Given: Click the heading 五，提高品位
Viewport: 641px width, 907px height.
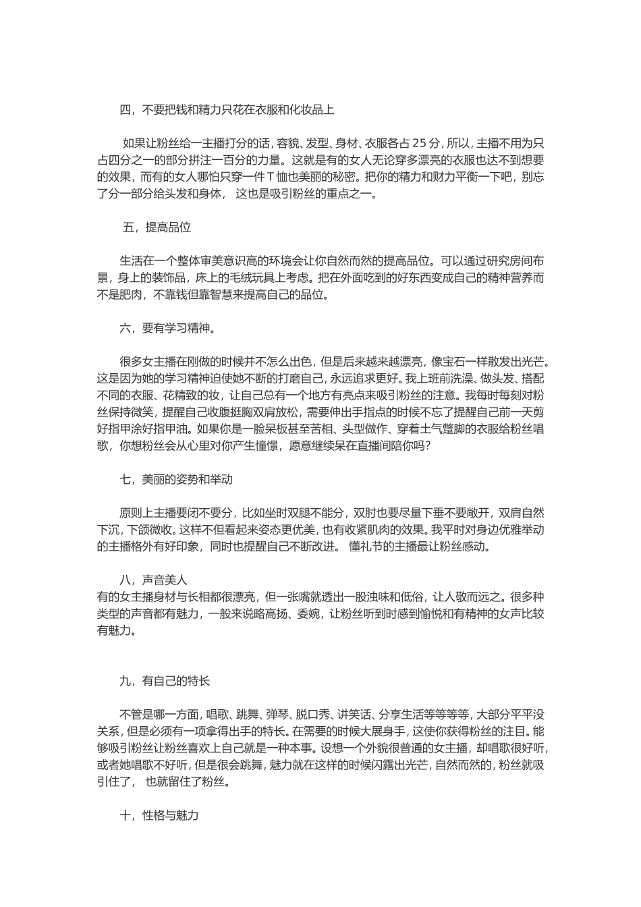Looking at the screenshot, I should coord(157,227).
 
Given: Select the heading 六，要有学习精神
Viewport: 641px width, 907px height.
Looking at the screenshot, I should coord(167,329).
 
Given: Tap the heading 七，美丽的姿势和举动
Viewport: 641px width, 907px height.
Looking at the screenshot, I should coord(176,480).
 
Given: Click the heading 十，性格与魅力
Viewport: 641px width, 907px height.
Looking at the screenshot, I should coord(159,815).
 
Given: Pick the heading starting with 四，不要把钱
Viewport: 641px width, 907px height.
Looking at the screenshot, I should coord(227,110).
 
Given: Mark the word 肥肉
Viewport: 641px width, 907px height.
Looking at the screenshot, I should coord(132,295).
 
